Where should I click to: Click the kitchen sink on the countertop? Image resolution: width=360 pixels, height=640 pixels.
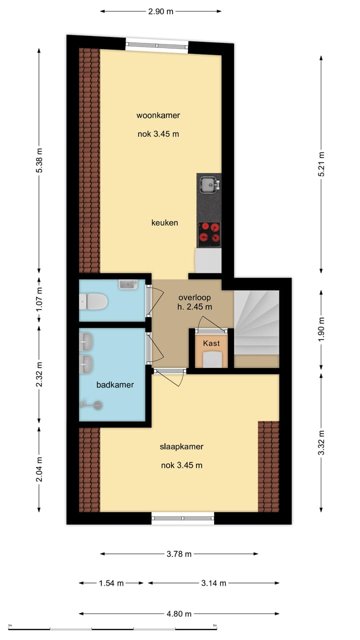(208, 185)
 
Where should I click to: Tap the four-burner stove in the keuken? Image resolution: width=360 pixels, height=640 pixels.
(209, 233)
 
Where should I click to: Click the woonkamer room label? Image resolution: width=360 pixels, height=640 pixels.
(158, 115)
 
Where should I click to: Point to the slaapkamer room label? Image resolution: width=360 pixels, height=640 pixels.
(181, 446)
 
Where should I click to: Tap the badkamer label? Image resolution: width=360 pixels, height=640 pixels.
(115, 384)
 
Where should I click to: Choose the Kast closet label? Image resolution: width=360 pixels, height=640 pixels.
(211, 343)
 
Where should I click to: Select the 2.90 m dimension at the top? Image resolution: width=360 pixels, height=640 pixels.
(161, 11)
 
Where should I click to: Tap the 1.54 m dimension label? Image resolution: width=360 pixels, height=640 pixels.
(111, 583)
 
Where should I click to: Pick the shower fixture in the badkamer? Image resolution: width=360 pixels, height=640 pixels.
(92, 405)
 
